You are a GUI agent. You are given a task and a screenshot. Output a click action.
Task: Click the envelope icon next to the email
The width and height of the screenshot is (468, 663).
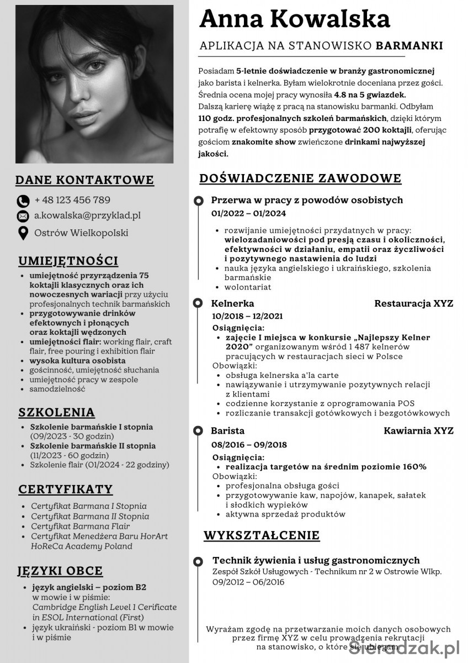click(x=23, y=216)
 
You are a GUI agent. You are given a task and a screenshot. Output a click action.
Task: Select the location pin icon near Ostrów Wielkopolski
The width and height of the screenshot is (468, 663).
click(x=23, y=233)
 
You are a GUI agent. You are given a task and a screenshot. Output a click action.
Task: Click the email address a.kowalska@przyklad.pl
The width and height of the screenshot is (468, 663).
click(x=87, y=215)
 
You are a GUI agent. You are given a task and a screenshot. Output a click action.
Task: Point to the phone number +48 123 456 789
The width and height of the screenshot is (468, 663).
click(x=72, y=200)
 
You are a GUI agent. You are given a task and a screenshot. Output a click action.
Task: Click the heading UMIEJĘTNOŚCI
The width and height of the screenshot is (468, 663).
click(x=68, y=261)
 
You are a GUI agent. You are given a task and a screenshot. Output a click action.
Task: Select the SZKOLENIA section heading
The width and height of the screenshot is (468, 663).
click(x=56, y=413)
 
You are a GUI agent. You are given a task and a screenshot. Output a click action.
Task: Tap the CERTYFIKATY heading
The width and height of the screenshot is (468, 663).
click(x=65, y=490)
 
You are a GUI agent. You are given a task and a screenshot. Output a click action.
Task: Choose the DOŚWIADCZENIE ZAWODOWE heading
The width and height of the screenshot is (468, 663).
click(x=300, y=178)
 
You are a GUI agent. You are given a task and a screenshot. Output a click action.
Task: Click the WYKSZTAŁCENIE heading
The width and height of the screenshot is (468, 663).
click(x=262, y=535)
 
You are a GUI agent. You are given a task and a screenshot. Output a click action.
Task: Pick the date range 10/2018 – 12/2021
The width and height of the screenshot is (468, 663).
click(x=247, y=316)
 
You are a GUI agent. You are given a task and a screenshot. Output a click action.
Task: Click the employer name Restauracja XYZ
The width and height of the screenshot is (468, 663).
click(x=413, y=303)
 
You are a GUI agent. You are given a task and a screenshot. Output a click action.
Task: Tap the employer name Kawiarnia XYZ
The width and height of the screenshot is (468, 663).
click(x=418, y=430)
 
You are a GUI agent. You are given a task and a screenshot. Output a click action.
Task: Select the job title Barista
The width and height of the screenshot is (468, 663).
click(x=227, y=430)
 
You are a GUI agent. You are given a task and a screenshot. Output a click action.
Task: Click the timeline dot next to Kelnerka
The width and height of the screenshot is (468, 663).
click(x=197, y=303)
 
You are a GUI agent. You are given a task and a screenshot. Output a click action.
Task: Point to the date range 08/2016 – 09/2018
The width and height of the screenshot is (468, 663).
click(x=249, y=444)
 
